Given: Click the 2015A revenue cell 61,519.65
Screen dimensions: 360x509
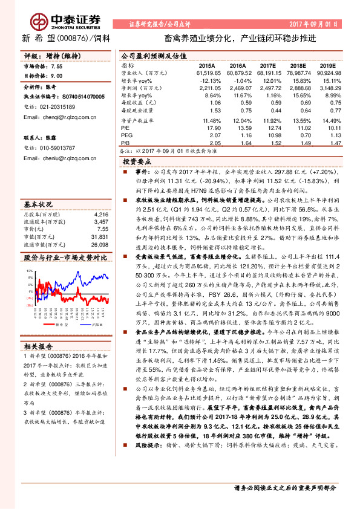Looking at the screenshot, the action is [204, 73].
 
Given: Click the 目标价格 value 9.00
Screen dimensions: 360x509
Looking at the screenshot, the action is [56, 76].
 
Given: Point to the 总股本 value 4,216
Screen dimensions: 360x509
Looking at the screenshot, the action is [101, 197].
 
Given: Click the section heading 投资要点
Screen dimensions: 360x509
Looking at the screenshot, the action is [137, 162].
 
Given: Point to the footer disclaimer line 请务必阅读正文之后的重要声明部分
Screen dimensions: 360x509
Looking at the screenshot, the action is [284, 487].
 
